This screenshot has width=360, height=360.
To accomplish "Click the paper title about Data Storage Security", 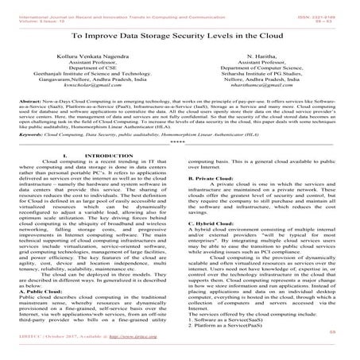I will [180, 37].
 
